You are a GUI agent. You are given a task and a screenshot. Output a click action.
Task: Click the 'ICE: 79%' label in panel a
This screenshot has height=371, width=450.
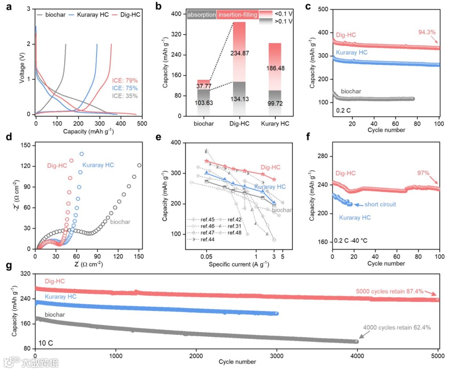pyautogui.click(x=125, y=81)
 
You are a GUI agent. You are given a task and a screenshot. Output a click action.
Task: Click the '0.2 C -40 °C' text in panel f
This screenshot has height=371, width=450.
pyautogui.click(x=353, y=241)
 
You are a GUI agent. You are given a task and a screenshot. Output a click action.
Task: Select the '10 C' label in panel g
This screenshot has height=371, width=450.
pyautogui.click(x=45, y=343)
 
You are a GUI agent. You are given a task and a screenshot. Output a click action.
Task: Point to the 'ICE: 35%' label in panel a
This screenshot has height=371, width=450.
pyautogui.click(x=125, y=96)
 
